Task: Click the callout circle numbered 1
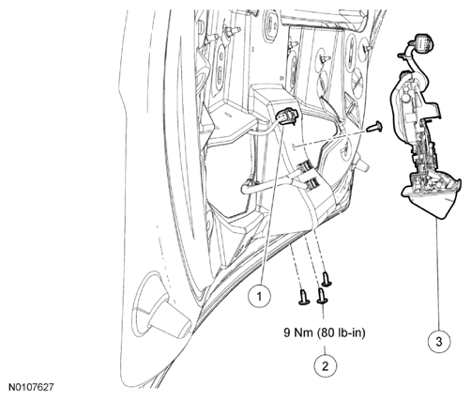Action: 259,296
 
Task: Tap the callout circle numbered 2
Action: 326,366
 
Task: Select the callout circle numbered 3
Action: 439,342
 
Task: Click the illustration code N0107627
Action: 31,387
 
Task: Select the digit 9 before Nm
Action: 287,332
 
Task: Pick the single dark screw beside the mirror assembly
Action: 374,127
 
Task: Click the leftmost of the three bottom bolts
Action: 303,297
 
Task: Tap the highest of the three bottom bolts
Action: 327,279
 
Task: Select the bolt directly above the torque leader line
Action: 322,296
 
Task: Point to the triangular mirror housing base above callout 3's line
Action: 431,199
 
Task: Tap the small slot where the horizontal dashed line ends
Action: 295,147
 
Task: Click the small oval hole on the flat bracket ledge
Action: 229,115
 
